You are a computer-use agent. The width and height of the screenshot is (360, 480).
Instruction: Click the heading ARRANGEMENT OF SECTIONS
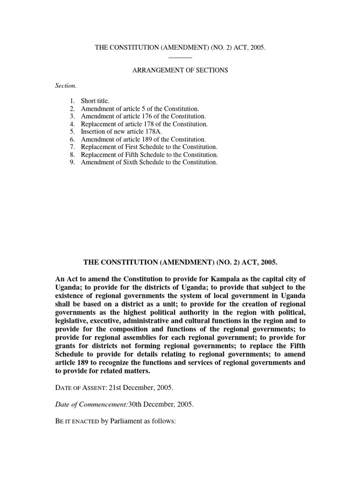tap(180, 70)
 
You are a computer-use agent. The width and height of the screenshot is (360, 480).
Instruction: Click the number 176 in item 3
tap(153, 116)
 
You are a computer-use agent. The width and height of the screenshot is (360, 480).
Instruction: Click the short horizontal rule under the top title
tap(180, 57)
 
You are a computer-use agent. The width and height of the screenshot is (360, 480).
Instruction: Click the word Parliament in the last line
tap(129, 421)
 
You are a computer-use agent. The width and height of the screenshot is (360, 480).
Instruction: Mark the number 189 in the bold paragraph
tap(86, 362)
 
